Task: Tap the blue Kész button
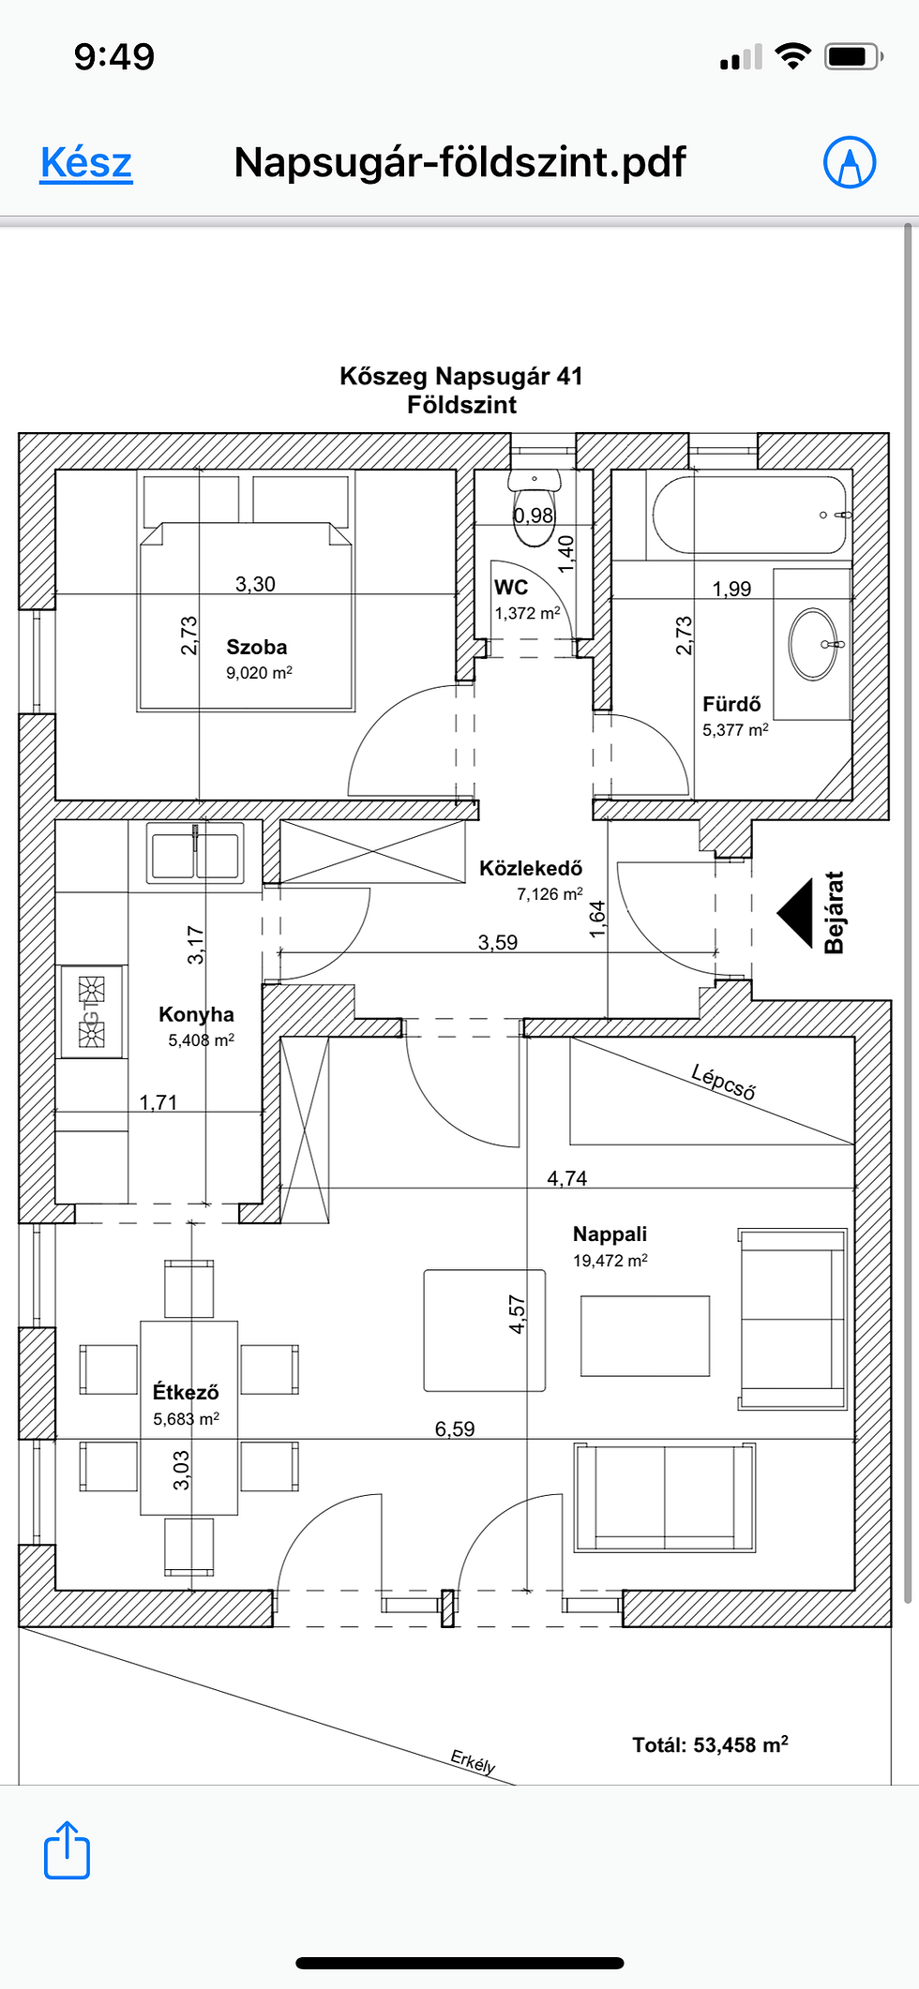(86, 162)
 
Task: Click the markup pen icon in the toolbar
(850, 162)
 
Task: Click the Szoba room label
(257, 647)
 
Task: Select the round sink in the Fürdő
(812, 644)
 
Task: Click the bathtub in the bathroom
(750, 515)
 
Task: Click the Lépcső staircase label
(723, 1081)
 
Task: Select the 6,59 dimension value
(455, 1428)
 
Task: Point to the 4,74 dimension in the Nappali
(567, 1178)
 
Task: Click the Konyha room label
(196, 1014)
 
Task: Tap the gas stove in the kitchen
(91, 1012)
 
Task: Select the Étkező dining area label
(186, 1392)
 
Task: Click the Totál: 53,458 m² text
(710, 1744)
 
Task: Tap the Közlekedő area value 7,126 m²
(550, 893)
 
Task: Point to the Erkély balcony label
(473, 1762)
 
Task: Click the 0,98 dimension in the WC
(534, 516)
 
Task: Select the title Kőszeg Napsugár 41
(461, 376)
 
